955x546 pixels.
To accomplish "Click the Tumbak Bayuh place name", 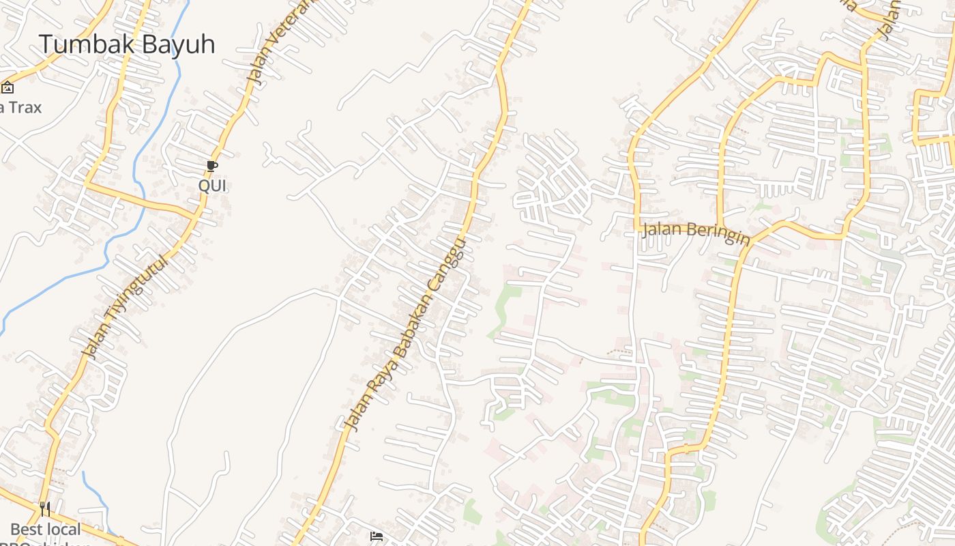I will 127,44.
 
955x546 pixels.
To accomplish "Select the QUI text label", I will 211,185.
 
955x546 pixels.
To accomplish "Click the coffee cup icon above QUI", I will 211,166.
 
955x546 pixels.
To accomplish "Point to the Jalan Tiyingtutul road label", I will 124,306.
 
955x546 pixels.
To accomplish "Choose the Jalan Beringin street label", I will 696,233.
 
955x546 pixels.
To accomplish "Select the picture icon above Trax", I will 8,87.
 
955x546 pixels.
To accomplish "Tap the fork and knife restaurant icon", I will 45,509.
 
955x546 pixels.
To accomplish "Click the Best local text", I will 46,529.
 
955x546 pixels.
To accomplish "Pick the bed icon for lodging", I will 376,536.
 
